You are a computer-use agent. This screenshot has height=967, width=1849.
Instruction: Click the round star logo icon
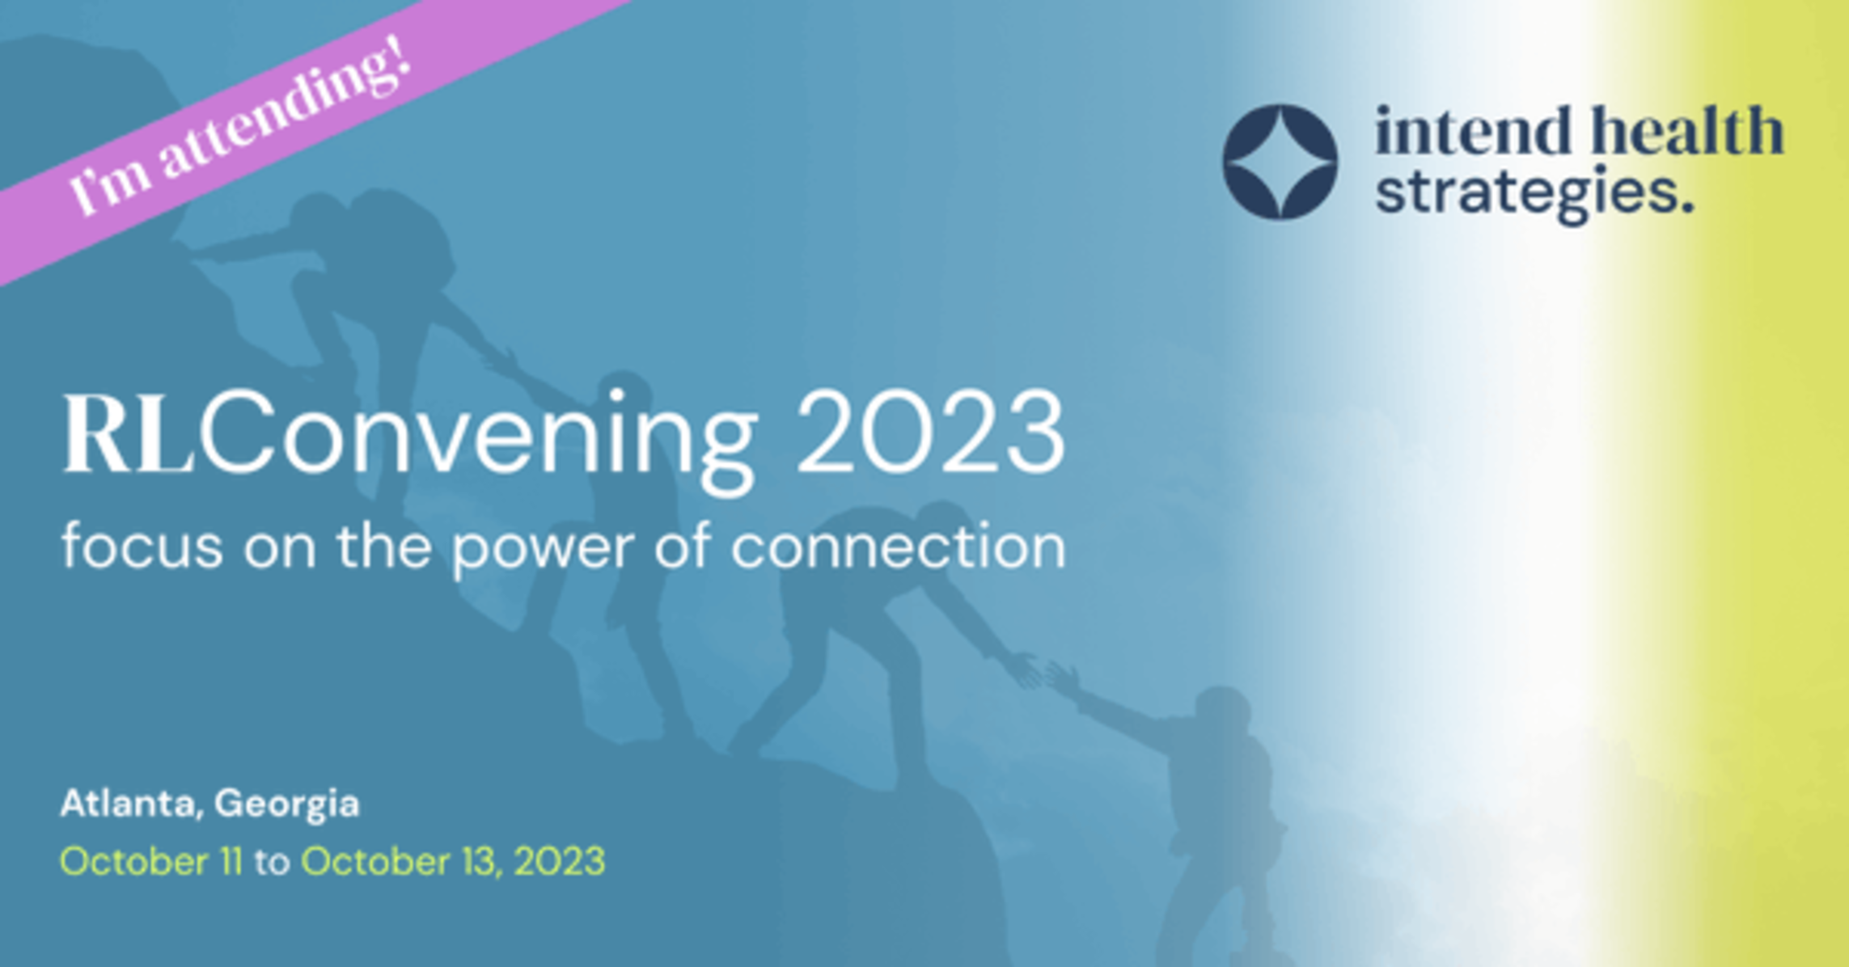1280,162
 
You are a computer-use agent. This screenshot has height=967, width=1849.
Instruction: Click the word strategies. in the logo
1534,194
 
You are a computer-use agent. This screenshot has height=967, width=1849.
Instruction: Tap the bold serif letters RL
129,433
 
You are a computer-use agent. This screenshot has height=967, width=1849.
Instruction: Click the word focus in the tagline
142,546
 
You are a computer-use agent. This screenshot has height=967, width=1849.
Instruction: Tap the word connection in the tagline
899,547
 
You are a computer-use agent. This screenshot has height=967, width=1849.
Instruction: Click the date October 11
151,861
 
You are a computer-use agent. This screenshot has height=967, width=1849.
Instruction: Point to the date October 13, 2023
453,862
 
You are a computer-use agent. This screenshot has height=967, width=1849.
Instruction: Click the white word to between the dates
272,863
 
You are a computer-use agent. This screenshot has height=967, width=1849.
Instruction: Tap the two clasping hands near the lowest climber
1044,672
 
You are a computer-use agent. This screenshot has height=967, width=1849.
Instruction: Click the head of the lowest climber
1223,712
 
